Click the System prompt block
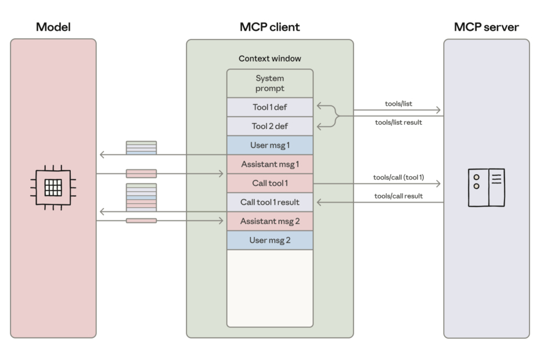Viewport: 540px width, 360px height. [269, 84]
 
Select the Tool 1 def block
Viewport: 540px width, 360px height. [269, 107]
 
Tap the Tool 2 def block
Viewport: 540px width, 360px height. [269, 126]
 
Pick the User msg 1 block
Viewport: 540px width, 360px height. [269, 145]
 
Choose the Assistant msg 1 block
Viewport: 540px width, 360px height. [269, 164]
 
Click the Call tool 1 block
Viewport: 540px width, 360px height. [269, 183]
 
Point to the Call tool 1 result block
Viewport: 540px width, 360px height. [269, 202]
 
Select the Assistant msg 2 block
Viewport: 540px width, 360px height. [269, 221]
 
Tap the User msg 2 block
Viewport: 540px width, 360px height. [269, 240]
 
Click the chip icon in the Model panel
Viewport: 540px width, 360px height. [53, 188]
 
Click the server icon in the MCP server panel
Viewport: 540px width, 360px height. [486, 188]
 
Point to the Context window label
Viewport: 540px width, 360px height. [269, 59]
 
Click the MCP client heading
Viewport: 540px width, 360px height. [269, 27]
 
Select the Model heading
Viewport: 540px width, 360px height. [53, 27]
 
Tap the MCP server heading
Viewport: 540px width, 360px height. [486, 27]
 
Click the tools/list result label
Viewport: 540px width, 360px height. [398, 123]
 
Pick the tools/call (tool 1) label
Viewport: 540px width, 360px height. [398, 178]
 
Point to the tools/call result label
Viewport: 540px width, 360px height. [398, 196]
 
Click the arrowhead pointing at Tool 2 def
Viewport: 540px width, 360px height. [319, 127]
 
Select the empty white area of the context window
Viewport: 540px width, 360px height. [269, 288]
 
